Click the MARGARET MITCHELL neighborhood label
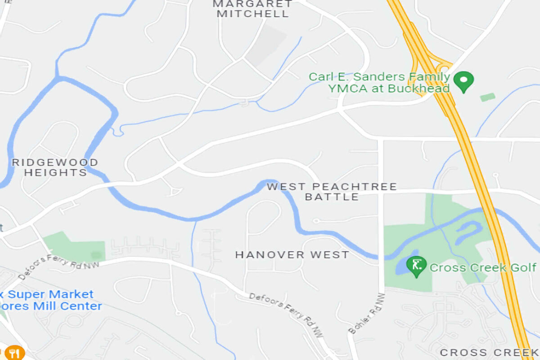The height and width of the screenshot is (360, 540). pos(252,9)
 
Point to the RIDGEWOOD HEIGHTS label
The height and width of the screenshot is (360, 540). pos(55,167)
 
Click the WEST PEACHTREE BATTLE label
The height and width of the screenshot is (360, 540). pos(332,191)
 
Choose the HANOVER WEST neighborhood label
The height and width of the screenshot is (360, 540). pos(292,255)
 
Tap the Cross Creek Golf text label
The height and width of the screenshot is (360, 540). pos(483,268)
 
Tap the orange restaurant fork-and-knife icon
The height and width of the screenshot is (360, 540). pos(14,352)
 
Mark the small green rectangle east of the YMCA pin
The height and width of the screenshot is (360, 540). pos(487,97)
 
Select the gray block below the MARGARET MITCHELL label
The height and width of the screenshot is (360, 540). pos(265,45)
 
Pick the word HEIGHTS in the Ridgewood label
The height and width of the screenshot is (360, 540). pos(55,173)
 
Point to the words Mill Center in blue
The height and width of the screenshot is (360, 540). pos(67,306)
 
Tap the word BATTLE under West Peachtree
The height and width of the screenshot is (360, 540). pos(332,197)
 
